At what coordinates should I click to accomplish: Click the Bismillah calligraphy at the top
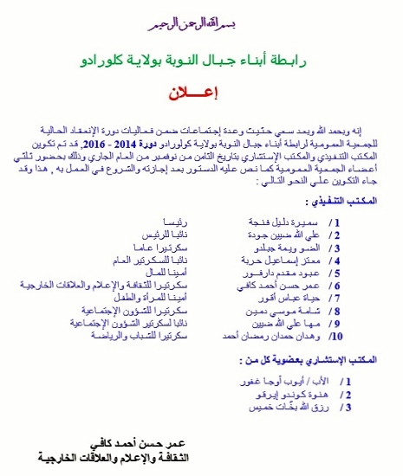pyautogui.click(x=201, y=16)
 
